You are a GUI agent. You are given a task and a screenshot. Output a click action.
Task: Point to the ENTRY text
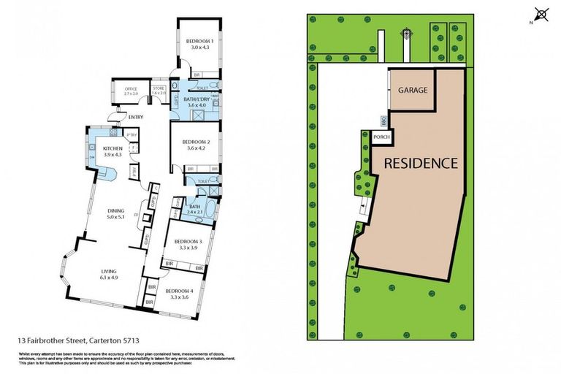click(x=135, y=117)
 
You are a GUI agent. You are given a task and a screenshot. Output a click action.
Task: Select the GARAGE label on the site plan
click(x=411, y=91)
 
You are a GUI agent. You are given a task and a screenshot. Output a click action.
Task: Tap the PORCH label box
click(x=381, y=137)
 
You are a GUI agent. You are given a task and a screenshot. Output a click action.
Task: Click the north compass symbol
click(x=541, y=15)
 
